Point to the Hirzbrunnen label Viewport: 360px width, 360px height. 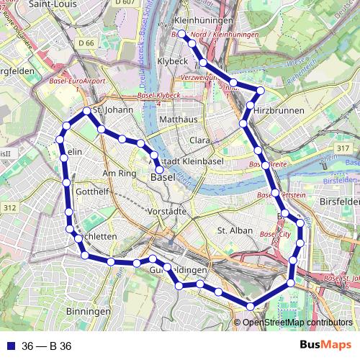279,110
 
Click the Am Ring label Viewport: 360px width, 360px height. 120,174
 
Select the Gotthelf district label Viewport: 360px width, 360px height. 91,192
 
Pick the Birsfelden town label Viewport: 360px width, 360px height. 338,202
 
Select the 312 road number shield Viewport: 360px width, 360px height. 9,207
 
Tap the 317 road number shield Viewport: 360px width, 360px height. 342,148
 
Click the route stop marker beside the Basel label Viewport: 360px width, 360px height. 160,170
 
